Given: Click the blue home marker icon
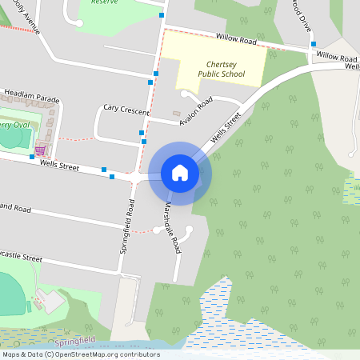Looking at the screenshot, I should pyautogui.click(x=180, y=173).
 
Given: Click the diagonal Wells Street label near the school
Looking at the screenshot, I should pyautogui.click(x=226, y=130).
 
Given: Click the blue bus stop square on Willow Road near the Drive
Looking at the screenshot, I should pyautogui.click(x=314, y=44).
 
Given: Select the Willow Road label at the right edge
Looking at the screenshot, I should pyautogui.click(x=336, y=58).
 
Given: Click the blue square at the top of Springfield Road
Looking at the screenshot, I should pyautogui.click(x=162, y=15).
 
